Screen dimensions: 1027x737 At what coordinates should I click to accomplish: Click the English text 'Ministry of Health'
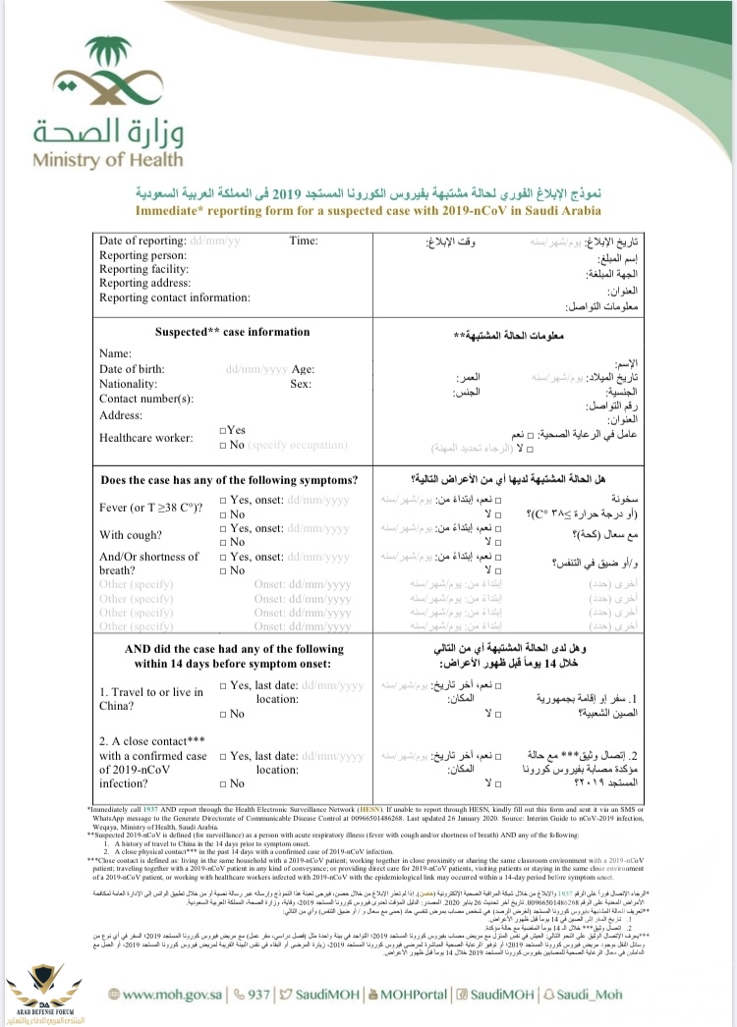(107, 159)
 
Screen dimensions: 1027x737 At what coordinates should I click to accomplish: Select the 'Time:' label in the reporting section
(304, 241)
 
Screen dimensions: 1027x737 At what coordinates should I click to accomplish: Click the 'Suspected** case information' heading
(232, 332)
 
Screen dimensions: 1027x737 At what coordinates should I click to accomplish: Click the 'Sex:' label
(301, 384)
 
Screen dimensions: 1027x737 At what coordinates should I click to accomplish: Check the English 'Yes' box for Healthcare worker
(225, 430)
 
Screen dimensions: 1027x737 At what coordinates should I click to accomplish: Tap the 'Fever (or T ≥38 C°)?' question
(151, 508)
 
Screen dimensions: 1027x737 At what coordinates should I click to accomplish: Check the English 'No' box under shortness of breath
(225, 570)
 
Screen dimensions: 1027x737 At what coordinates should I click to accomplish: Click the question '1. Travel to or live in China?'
(151, 698)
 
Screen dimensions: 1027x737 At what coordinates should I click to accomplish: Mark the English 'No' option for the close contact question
(225, 784)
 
